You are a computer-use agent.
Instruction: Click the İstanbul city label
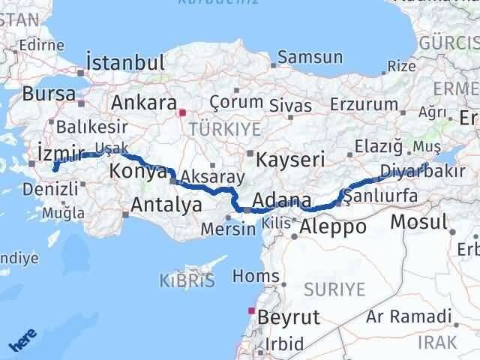pyautogui.click(x=125, y=61)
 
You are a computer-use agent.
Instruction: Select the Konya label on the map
pyautogui.click(x=137, y=172)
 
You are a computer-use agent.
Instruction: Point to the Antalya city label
pyautogui.click(x=166, y=204)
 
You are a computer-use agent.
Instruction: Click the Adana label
pyautogui.click(x=281, y=201)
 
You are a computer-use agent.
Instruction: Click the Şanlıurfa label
pyautogui.click(x=379, y=196)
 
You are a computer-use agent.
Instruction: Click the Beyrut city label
pyautogui.click(x=288, y=318)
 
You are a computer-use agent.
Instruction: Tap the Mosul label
pyautogui.click(x=418, y=222)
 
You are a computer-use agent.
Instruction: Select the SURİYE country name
pyautogui.click(x=335, y=289)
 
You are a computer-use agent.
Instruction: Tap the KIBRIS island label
pyautogui.click(x=187, y=282)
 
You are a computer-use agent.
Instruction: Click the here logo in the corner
pyautogui.click(x=22, y=341)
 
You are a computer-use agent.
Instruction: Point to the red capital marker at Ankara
pyautogui.click(x=181, y=113)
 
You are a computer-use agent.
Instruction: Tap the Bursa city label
pyautogui.click(x=49, y=94)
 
